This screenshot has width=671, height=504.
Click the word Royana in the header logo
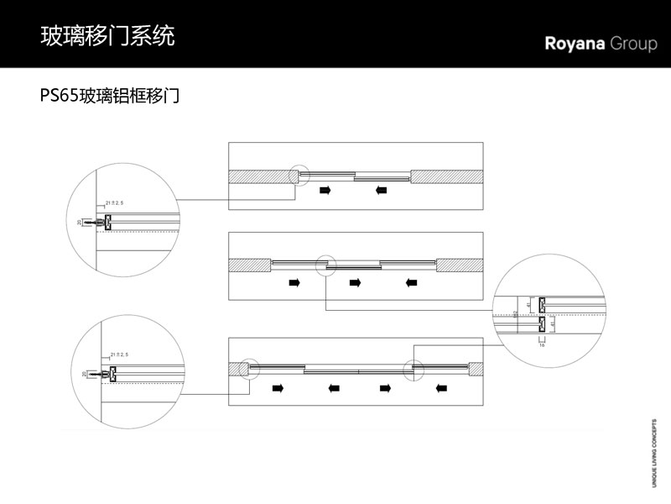click(x=575, y=44)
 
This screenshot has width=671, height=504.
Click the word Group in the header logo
click(x=634, y=45)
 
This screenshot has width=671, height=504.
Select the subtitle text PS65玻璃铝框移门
click(x=111, y=96)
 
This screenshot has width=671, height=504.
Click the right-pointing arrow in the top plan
click(x=325, y=191)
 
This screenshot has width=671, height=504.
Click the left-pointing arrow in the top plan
click(x=382, y=191)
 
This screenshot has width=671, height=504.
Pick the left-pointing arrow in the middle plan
click(x=411, y=283)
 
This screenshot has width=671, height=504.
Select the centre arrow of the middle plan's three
click(x=354, y=283)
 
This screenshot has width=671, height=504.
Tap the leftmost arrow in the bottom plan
click(x=277, y=388)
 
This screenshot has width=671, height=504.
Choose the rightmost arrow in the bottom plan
click(x=441, y=388)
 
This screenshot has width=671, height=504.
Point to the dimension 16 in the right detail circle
click(x=541, y=344)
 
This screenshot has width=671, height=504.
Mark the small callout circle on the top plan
click(x=299, y=175)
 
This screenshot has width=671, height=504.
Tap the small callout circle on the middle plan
click(x=325, y=265)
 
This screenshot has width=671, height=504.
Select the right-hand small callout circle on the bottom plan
click(x=412, y=370)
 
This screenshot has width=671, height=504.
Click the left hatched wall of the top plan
click(x=260, y=176)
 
